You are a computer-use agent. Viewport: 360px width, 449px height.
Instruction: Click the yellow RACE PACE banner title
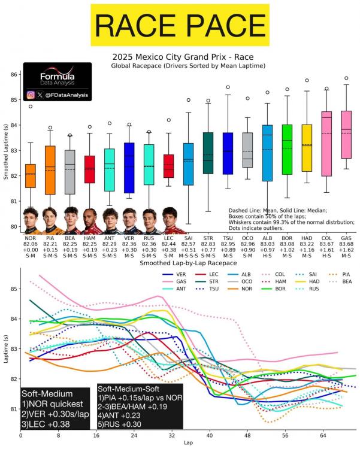click(x=180, y=25)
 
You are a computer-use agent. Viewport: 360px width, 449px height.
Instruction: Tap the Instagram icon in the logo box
click(x=31, y=95)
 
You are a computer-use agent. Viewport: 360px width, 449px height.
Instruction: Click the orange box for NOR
click(x=31, y=175)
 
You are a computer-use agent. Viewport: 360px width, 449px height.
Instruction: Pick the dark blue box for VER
click(x=129, y=168)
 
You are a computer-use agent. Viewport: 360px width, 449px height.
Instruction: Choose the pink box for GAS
click(x=346, y=135)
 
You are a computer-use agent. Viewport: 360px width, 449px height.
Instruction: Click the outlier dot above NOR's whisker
click(x=31, y=107)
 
